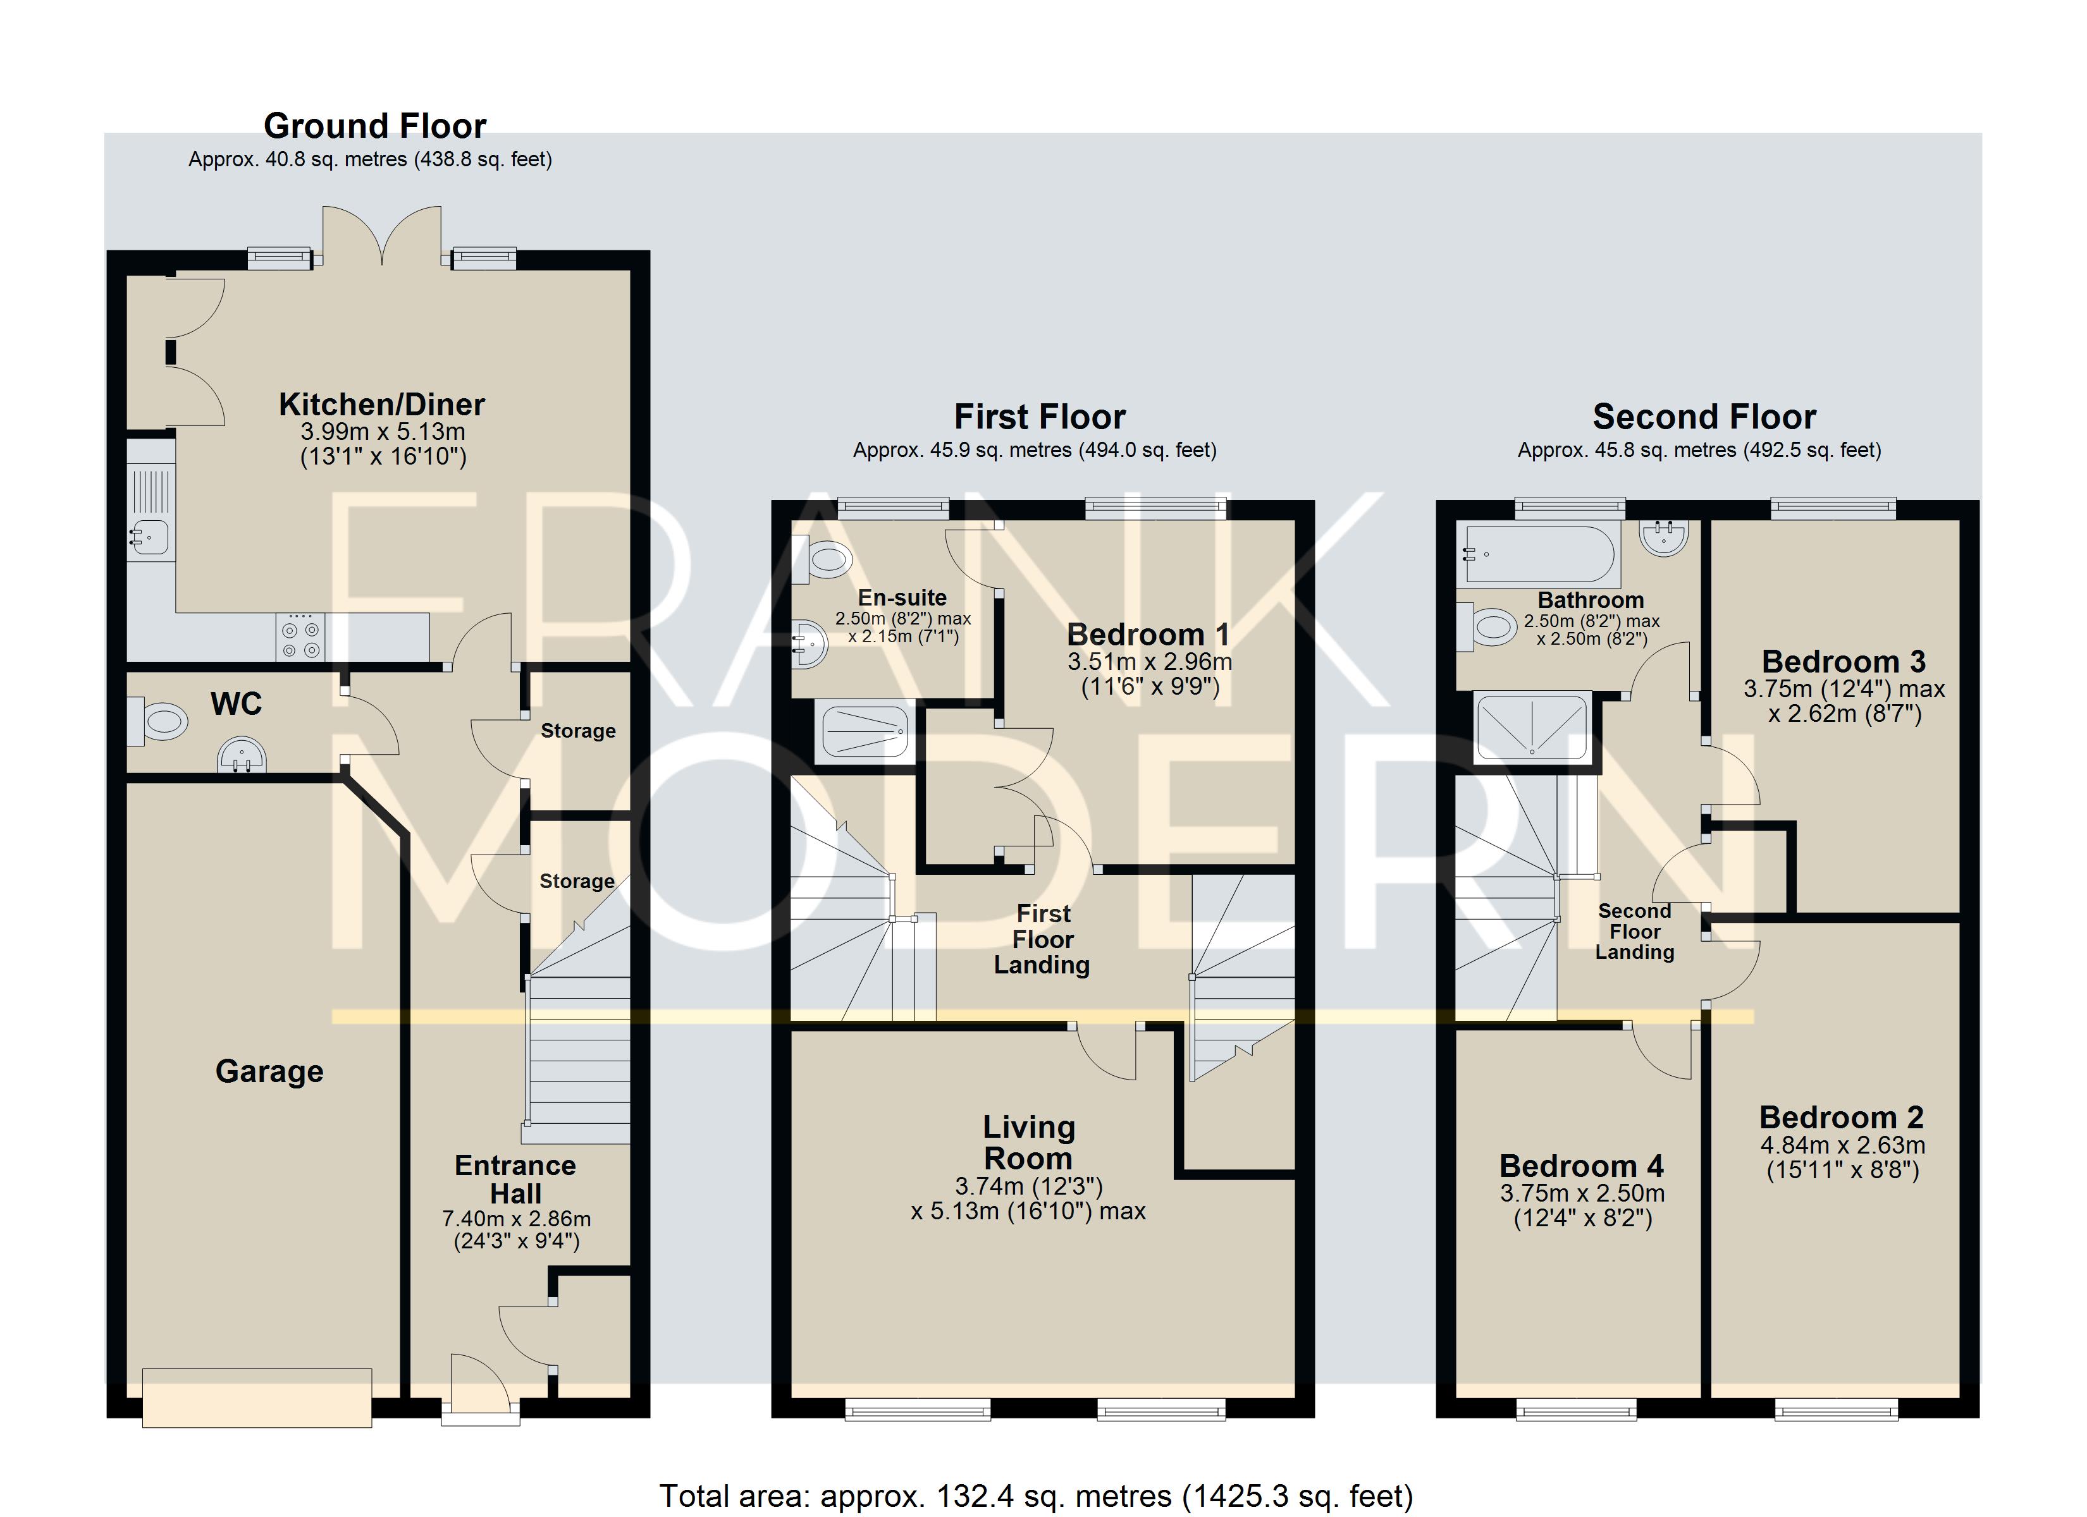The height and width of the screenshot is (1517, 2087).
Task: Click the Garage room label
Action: pyautogui.click(x=269, y=1072)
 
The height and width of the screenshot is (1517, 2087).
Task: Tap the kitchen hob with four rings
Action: pyautogui.click(x=300, y=637)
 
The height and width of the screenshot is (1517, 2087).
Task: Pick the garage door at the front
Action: pyautogui.click(x=257, y=1398)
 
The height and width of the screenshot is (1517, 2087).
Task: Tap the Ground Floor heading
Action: pyautogui.click(x=374, y=126)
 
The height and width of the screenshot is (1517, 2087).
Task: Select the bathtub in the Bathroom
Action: pyautogui.click(x=1539, y=555)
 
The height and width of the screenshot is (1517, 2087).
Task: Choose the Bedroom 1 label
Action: pyautogui.click(x=1148, y=635)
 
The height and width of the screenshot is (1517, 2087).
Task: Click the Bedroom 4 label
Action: pyautogui.click(x=1582, y=1166)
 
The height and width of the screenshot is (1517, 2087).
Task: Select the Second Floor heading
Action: pyautogui.click(x=1704, y=417)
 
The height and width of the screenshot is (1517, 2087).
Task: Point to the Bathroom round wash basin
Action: pyautogui.click(x=1664, y=537)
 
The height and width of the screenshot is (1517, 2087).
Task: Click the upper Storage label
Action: pyautogui.click(x=578, y=731)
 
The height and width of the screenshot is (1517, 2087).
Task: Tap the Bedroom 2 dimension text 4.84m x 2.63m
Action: pyautogui.click(x=1843, y=1145)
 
